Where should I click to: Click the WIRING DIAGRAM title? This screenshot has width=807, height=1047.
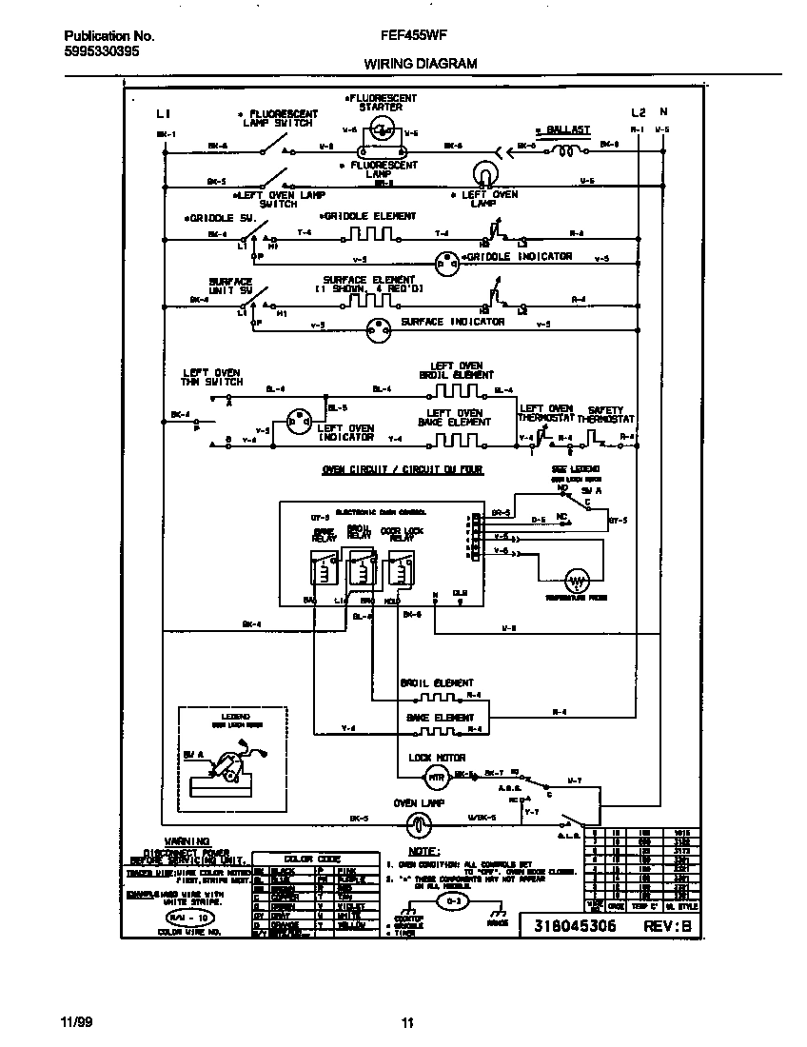pyautogui.click(x=420, y=64)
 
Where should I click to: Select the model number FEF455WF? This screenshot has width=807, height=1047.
pyautogui.click(x=407, y=35)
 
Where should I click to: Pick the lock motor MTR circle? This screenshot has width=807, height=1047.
pyautogui.click(x=435, y=778)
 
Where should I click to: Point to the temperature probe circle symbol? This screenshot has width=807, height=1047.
pyautogui.click(x=576, y=580)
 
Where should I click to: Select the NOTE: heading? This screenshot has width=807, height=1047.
pyautogui.click(x=423, y=850)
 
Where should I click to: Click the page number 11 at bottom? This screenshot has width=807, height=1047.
pyautogui.click(x=406, y=1023)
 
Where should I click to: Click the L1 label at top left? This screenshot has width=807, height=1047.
pyautogui.click(x=163, y=113)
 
